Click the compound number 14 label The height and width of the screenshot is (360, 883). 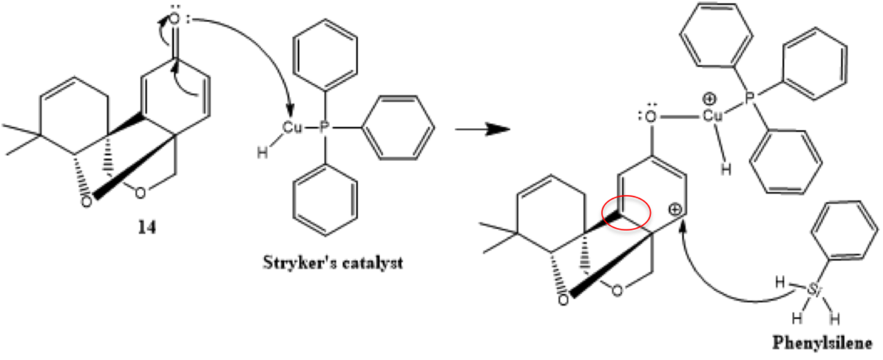click(x=147, y=228)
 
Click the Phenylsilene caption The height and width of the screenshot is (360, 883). click(x=822, y=343)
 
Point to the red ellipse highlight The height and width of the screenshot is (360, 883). click(x=626, y=213)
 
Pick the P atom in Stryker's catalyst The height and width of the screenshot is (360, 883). click(x=324, y=127)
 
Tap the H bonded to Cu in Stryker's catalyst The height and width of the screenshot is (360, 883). click(x=262, y=153)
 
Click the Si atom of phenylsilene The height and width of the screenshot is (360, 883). click(x=812, y=289)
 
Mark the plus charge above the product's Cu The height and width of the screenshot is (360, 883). click(x=709, y=99)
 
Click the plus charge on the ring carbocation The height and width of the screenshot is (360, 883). click(x=674, y=210)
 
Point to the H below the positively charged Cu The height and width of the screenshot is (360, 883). click(x=726, y=169)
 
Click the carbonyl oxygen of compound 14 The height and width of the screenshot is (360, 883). click(x=175, y=19)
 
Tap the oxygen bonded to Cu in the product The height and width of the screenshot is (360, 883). click(x=651, y=116)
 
